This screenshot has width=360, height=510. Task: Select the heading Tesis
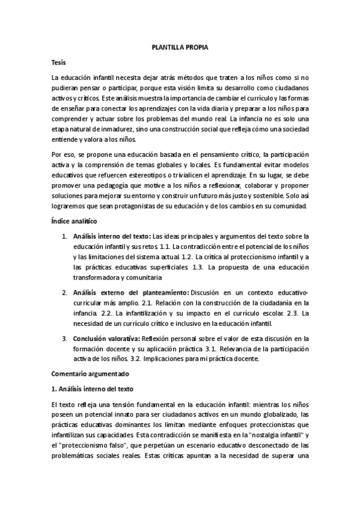pos(59,62)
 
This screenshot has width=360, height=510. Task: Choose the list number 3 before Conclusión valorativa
pos(64,338)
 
